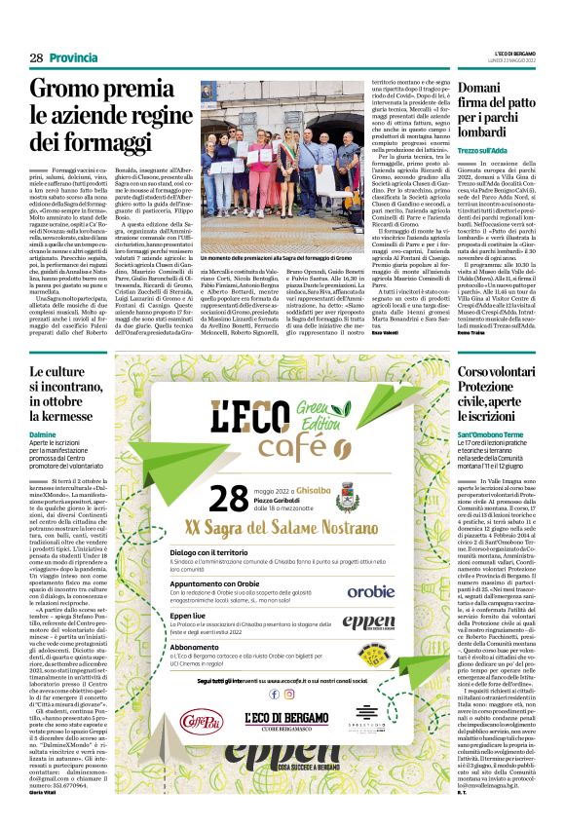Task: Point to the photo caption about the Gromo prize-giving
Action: coord(283,227)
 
